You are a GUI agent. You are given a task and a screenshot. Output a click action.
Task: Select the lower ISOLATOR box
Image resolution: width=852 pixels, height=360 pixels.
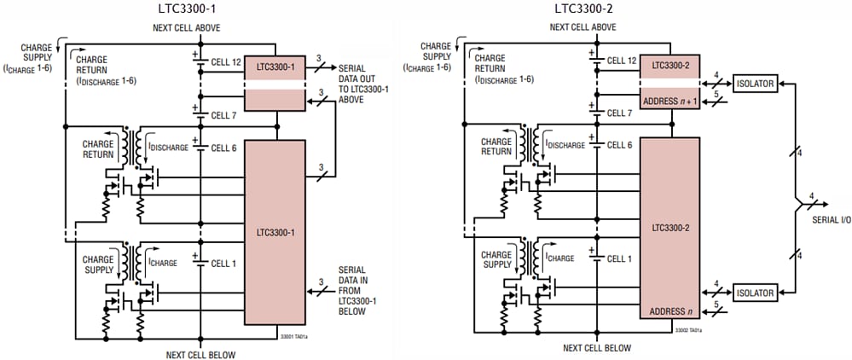pyautogui.click(x=753, y=293)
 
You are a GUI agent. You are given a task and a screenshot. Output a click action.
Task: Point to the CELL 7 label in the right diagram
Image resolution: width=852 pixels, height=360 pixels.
pyautogui.click(x=619, y=113)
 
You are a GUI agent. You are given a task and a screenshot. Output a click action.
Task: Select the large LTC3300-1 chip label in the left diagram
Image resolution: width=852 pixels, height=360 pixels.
pyautogui.click(x=275, y=231)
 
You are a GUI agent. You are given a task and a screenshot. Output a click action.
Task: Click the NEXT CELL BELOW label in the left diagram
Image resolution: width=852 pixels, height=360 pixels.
pyautogui.click(x=200, y=354)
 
